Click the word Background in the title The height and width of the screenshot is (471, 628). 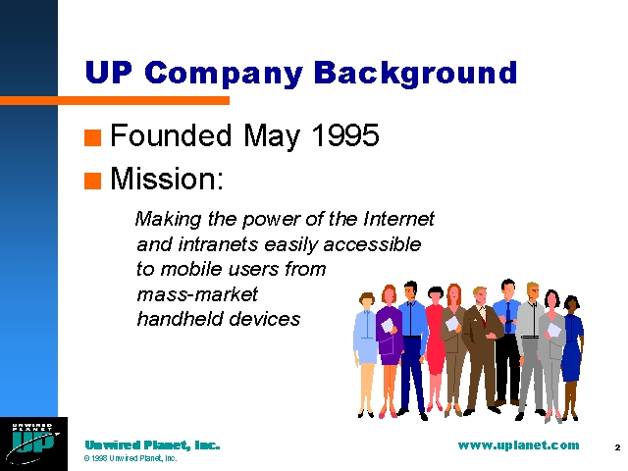coord(415,73)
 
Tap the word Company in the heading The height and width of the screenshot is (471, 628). coord(224,74)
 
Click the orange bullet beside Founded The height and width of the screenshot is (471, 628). coord(92,137)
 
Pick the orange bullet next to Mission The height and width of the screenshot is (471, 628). coord(92,181)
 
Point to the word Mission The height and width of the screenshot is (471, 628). coord(166,179)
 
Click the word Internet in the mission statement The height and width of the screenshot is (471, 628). coord(398,219)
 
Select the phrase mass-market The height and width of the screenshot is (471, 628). coord(197,294)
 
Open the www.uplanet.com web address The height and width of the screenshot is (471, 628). coord(518,445)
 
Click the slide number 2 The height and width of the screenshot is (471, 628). coord(617,447)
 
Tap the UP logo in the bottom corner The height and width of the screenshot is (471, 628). coord(33,444)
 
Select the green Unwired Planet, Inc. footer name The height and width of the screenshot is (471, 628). coord(152,445)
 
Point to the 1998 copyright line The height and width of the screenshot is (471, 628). coord(131,458)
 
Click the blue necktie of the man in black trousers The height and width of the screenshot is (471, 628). coord(508,317)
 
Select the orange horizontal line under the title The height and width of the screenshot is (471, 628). coord(115,100)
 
